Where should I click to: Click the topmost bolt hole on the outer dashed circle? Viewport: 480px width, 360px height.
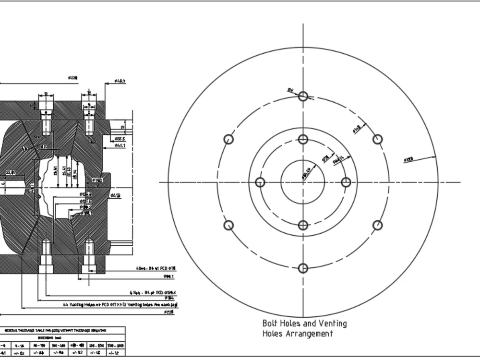tap(303, 96)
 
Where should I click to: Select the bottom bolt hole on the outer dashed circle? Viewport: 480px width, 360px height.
tap(303, 268)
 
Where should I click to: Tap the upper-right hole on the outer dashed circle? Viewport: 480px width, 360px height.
tap(378, 139)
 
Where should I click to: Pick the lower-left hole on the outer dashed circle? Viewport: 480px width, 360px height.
tap(228, 225)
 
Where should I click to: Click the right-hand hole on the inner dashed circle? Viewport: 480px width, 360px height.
tap(346, 182)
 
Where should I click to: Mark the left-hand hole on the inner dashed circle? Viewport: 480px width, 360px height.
tap(260, 182)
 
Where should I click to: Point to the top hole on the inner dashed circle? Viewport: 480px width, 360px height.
tap(303, 139)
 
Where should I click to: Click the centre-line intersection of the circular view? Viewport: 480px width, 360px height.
tap(303, 182)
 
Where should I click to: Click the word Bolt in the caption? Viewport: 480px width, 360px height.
tap(270, 324)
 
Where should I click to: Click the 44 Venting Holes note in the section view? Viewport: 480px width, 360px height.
tap(120, 304)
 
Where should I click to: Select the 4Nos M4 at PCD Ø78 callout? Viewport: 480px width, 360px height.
tap(155, 269)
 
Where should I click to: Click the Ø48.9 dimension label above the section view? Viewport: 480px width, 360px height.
tap(120, 81)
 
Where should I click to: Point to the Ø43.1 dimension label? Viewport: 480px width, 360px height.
tap(120, 145)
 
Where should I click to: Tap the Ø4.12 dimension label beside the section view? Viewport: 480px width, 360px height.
tap(115, 195)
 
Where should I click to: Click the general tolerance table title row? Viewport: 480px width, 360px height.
tap(63, 330)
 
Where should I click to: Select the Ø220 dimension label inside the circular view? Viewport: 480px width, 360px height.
tap(409, 159)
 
